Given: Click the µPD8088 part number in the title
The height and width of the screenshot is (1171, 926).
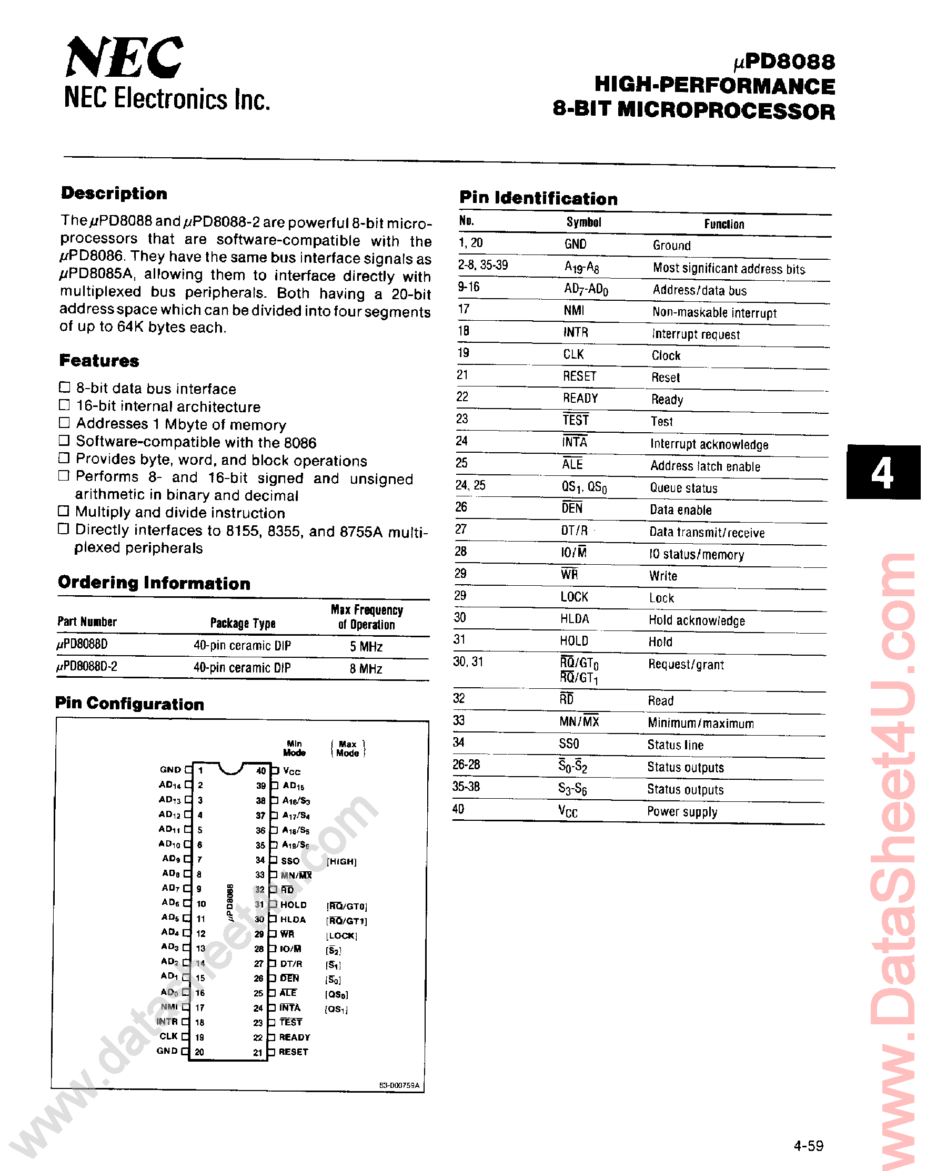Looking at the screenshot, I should [x=784, y=62].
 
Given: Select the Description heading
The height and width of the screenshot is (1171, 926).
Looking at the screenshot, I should [x=114, y=194].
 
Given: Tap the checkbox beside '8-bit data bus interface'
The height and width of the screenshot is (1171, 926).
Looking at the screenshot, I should [x=65, y=387].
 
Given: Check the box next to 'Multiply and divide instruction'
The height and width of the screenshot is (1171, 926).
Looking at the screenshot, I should [x=64, y=511].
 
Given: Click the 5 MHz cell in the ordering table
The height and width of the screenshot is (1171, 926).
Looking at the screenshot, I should [x=366, y=646].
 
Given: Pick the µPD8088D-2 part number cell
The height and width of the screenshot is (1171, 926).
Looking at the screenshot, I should [x=87, y=667].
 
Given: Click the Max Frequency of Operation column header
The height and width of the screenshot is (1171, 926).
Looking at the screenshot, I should [x=367, y=617].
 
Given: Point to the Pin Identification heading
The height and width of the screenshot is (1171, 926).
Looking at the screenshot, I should [x=538, y=198].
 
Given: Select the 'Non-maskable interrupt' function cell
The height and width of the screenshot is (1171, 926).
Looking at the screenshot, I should [x=714, y=313].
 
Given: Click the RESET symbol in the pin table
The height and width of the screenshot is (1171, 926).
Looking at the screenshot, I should [x=579, y=376].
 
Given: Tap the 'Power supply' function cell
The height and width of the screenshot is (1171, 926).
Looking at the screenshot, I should [x=682, y=811].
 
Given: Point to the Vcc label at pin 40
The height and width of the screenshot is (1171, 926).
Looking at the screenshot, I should [x=291, y=771].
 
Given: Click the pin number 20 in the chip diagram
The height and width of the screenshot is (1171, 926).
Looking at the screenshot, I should [x=199, y=1052].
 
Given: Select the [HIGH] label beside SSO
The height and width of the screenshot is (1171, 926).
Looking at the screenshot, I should [x=341, y=861].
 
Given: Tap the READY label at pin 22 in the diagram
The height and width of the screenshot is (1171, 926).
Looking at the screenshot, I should [x=295, y=1037].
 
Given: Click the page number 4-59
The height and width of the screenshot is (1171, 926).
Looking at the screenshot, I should [x=808, y=1146].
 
